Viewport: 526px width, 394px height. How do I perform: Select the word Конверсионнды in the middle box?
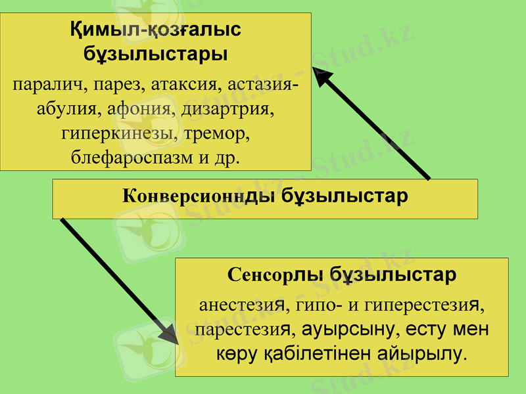point(199,196)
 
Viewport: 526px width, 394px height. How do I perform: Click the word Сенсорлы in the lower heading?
point(275,274)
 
